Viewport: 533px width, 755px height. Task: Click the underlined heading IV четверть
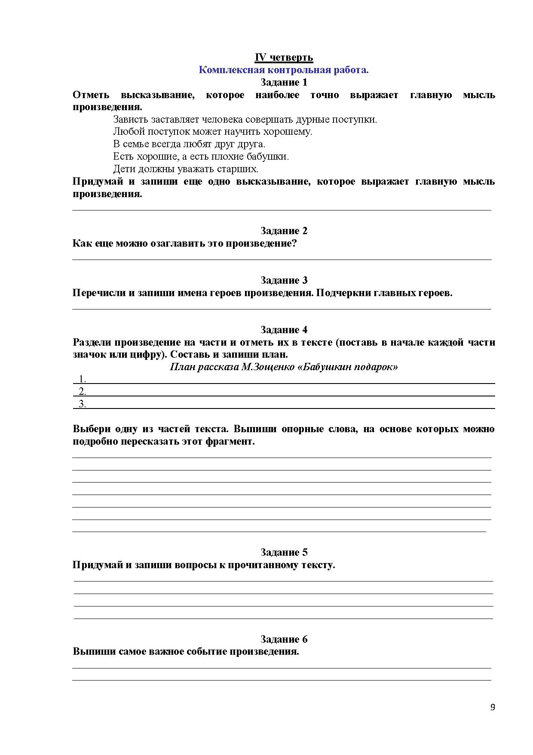click(284, 57)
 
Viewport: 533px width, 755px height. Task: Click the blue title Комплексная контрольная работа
click(284, 70)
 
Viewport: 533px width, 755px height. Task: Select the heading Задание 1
click(284, 82)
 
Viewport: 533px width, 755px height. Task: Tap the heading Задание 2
click(284, 231)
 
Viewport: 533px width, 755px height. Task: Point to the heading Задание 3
click(284, 280)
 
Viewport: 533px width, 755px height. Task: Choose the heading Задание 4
click(284, 330)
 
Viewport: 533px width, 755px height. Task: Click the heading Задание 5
click(284, 552)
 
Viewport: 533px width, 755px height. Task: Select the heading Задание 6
click(284, 639)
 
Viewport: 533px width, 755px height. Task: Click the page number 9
click(493, 707)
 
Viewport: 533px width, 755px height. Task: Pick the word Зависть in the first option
click(129, 119)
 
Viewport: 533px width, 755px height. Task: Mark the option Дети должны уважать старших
click(186, 169)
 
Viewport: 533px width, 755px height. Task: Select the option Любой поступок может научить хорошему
click(212, 132)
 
